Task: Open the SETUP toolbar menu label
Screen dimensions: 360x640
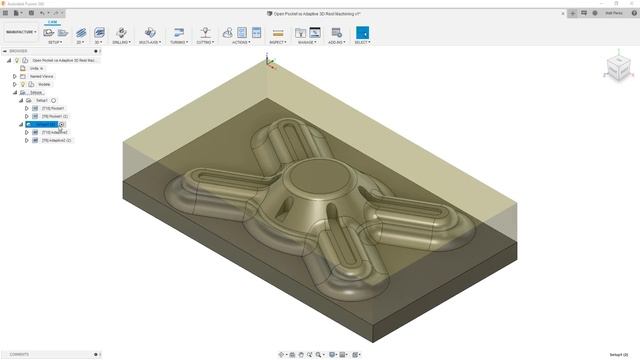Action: click(54, 43)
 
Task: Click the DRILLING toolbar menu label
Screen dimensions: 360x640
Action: click(121, 43)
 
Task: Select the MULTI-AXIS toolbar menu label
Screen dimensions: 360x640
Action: click(149, 43)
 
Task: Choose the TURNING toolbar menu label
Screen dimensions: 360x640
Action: click(178, 43)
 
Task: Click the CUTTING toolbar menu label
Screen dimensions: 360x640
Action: click(205, 43)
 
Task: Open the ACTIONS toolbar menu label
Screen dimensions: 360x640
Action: click(241, 43)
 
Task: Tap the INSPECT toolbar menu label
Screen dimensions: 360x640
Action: click(278, 43)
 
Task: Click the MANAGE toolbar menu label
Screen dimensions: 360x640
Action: click(307, 43)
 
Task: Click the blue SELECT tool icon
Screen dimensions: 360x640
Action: click(362, 33)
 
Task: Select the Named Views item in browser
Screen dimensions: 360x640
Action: click(42, 76)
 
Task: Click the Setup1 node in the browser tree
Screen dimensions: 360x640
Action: click(42, 100)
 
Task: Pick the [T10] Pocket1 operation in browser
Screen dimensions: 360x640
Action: click(53, 108)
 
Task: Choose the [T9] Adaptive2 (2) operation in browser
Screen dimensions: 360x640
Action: click(56, 140)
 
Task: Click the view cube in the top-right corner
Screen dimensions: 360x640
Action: click(617, 68)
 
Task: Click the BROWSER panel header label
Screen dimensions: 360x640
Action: click(19, 51)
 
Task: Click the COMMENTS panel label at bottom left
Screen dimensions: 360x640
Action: click(19, 354)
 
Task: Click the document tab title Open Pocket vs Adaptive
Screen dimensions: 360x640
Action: click(319, 14)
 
